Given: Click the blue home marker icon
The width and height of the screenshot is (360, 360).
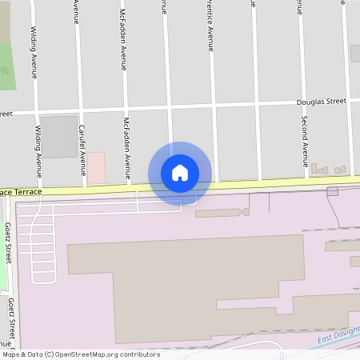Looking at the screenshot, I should (x=180, y=172).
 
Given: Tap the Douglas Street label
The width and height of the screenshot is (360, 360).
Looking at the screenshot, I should (x=321, y=102).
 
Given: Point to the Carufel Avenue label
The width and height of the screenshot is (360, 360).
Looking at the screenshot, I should (x=82, y=150).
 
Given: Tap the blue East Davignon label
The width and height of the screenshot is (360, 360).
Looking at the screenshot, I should (x=336, y=339).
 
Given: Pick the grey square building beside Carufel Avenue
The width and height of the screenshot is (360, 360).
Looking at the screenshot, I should (x=58, y=136).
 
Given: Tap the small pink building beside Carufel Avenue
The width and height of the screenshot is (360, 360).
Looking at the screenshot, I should (x=95, y=166).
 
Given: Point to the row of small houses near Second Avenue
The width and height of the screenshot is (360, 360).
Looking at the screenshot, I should (x=328, y=170).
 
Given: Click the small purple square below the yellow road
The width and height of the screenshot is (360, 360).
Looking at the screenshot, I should (x=332, y=191).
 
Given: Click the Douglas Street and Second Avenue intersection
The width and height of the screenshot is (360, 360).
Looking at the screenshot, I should (x=304, y=102).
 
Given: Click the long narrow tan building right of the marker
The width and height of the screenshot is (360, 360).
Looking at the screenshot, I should (x=222, y=213).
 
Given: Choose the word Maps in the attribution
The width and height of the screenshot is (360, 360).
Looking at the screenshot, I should (x=11, y=354).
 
